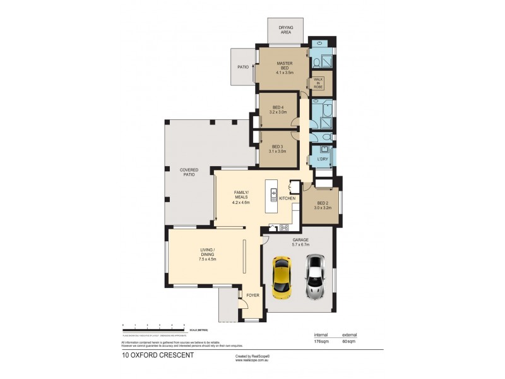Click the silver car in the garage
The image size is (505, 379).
[x=315, y=277]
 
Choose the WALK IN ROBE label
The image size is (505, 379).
[x=318, y=84]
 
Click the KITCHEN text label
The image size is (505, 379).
[x=287, y=198]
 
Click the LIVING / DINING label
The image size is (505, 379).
[x=207, y=255]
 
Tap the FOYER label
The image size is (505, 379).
[x=252, y=295]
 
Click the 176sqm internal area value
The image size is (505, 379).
[x=323, y=342]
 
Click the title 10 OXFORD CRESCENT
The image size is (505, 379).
[x=158, y=355]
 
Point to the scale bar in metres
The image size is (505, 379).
[x=153, y=326]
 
